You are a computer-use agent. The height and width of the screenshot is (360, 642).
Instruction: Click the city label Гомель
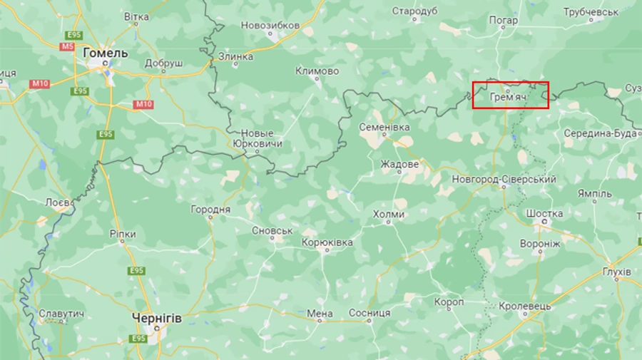click(x=106, y=53)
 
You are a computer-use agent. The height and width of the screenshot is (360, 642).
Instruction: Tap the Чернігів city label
click(x=157, y=319)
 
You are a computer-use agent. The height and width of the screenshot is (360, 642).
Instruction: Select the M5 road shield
click(x=67, y=46)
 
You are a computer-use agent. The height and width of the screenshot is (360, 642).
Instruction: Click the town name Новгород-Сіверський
click(x=504, y=179)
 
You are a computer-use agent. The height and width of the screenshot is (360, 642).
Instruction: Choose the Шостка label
click(x=544, y=213)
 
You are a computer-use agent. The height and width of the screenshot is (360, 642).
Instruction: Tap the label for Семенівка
click(x=384, y=126)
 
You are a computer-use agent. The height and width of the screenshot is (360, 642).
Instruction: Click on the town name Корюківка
click(x=327, y=243)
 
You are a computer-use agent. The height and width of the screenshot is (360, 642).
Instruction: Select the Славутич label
click(x=62, y=314)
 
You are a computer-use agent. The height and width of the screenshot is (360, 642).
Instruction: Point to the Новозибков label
click(x=270, y=25)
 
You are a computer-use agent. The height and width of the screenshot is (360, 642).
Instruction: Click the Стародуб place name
click(x=414, y=11)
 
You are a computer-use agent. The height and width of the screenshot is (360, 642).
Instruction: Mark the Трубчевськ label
click(x=591, y=12)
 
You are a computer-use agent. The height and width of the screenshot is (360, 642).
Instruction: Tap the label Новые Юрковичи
click(x=258, y=138)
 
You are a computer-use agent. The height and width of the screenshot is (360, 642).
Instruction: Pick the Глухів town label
click(x=616, y=272)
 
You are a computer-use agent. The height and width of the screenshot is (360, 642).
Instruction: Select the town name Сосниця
click(x=369, y=313)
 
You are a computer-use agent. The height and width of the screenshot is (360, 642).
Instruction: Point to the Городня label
click(x=210, y=210)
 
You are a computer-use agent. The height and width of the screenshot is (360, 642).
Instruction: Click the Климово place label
click(x=317, y=71)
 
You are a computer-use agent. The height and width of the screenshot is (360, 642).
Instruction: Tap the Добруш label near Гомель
click(x=163, y=63)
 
